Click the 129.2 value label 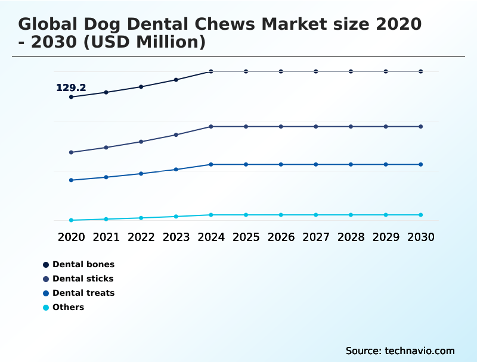click(x=71, y=88)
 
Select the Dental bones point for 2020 click(x=72, y=97)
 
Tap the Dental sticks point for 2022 click(x=141, y=142)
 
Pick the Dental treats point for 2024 click(x=211, y=164)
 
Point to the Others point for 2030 click(x=420, y=215)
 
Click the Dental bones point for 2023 click(x=176, y=80)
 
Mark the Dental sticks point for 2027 click(x=316, y=127)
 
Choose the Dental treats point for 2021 click(x=106, y=177)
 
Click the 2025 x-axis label click(x=246, y=237)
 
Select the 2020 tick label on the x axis click(x=72, y=237)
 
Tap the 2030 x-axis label click(x=420, y=237)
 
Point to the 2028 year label click(x=351, y=237)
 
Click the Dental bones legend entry click(x=83, y=264)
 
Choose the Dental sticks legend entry click(x=82, y=278)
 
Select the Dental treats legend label click(x=83, y=293)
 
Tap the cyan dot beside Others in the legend click(x=46, y=308)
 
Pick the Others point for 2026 click(x=281, y=215)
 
